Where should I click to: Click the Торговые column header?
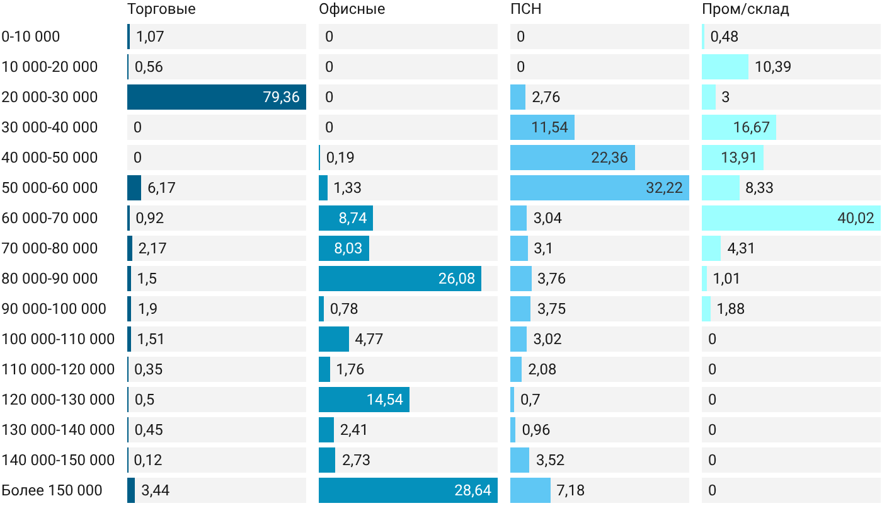[x=161, y=9]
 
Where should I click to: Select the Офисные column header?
[x=352, y=9]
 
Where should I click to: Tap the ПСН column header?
[x=525, y=9]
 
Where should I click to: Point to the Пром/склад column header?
[x=745, y=9]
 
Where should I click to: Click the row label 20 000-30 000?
[x=50, y=97]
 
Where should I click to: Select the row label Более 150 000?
[x=52, y=490]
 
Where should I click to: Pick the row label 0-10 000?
[x=31, y=37]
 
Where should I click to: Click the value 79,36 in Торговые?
[x=281, y=97]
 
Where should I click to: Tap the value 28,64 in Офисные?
[x=472, y=490]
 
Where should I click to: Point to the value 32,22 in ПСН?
[x=664, y=188]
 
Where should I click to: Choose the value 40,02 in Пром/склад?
[x=856, y=218]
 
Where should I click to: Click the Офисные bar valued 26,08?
[x=400, y=279]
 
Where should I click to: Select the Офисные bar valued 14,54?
[x=364, y=400]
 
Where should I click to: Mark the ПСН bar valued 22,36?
[x=573, y=158]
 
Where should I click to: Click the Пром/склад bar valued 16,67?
[x=739, y=127]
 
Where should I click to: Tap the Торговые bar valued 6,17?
[x=134, y=188]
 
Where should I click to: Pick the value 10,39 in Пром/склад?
[x=772, y=67]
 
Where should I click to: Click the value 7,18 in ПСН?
[x=570, y=490]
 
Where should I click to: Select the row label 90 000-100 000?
[x=54, y=309]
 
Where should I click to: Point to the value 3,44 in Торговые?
[x=155, y=490]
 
